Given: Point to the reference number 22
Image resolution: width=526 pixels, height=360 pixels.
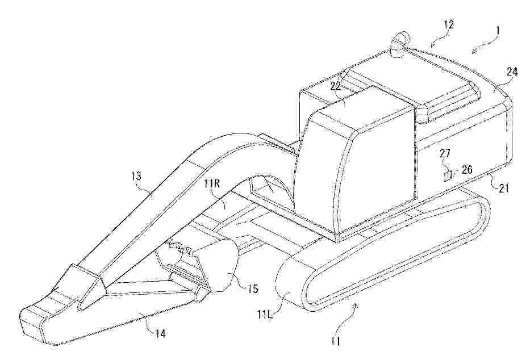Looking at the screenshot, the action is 336,86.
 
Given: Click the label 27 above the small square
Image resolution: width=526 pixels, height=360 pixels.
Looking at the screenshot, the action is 445,154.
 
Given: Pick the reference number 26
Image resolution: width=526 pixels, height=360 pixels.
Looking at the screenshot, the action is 466,170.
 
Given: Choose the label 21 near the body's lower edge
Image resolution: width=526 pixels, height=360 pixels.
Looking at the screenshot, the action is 503,188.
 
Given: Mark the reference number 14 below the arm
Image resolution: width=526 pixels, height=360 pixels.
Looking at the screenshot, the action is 160,333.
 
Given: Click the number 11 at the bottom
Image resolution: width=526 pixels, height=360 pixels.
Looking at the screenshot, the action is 336,341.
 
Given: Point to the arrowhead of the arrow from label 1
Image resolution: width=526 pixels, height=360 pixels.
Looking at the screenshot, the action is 474,51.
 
